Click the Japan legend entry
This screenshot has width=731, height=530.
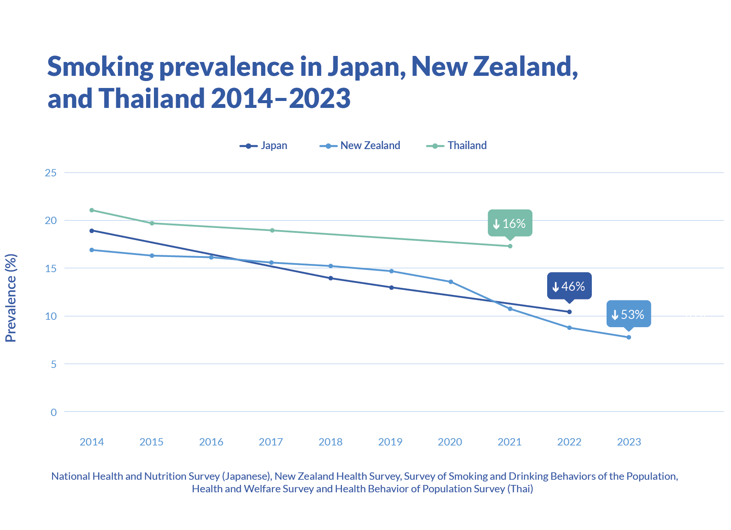(264, 146)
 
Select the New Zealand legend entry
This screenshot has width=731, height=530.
(360, 146)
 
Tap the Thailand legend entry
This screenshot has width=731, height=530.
(457, 146)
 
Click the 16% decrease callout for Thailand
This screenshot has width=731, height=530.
(510, 223)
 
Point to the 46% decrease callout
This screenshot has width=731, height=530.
(569, 286)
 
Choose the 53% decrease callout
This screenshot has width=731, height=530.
(628, 314)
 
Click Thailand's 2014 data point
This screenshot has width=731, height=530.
(91, 210)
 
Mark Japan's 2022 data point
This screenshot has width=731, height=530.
(569, 312)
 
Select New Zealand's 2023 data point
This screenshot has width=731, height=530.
(629, 337)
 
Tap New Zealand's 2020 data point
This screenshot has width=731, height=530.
(450, 282)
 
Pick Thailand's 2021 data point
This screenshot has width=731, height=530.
(510, 246)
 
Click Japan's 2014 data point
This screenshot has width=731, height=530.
(91, 231)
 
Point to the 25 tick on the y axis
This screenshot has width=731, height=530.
(51, 173)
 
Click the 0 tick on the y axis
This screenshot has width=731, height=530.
(53, 412)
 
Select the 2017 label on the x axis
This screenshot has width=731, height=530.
(271, 442)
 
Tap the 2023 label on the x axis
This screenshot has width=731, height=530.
(629, 442)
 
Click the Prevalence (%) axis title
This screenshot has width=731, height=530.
(11, 298)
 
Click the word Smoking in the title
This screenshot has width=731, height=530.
(100, 67)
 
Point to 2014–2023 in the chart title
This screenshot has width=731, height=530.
(281, 98)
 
